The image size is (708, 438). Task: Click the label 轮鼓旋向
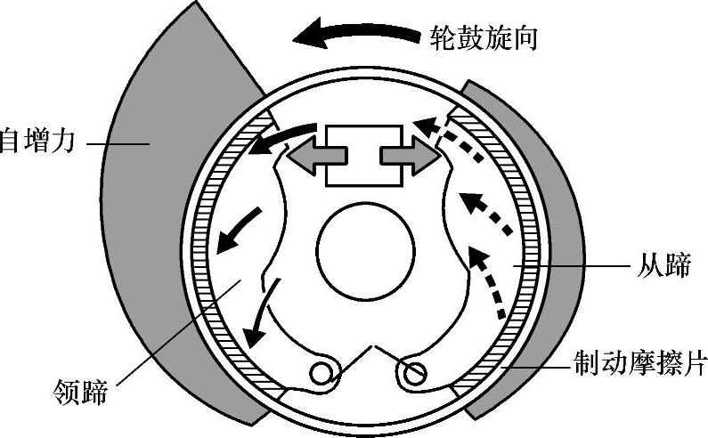click(484, 38)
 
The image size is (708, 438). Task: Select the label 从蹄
click(663, 265)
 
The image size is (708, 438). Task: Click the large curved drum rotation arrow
click(356, 36)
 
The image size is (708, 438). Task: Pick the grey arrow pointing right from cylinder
click(410, 156)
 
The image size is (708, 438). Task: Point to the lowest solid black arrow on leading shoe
click(263, 316)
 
